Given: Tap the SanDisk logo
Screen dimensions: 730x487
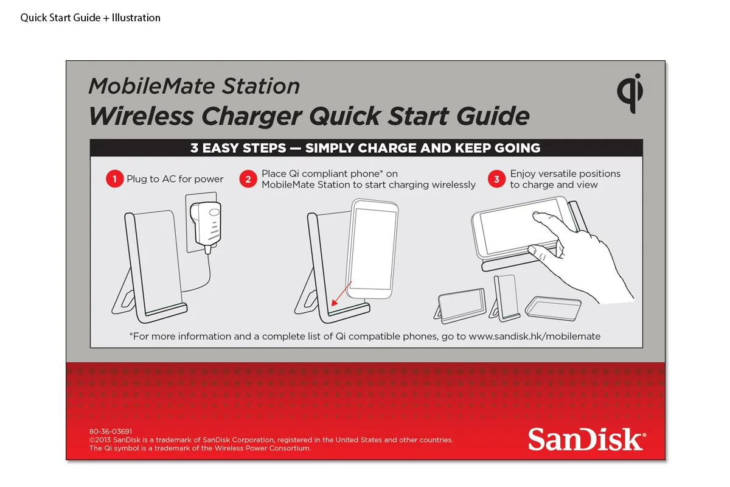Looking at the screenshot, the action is coord(587,439).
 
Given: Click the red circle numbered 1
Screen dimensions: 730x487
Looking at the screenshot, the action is coord(114,179).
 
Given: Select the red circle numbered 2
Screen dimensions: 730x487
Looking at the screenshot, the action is coord(248,179).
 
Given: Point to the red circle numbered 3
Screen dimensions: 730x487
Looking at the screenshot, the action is coord(496,179).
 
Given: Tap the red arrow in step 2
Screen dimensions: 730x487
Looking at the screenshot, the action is coord(341,293).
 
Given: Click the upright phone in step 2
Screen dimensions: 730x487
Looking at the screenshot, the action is coord(372,248).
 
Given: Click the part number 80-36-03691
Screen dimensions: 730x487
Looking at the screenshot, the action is coord(111,431).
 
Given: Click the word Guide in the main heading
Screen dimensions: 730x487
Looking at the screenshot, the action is coord(493,116).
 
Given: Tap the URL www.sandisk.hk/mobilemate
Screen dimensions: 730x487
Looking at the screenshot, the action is coord(535,336).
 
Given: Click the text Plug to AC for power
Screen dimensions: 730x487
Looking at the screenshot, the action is coord(175,179).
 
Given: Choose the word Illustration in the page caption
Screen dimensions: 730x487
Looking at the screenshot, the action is coord(136,18).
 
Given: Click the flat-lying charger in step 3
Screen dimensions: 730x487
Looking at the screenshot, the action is coord(553,308).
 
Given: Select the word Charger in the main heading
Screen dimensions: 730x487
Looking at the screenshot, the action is coord(252,117).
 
